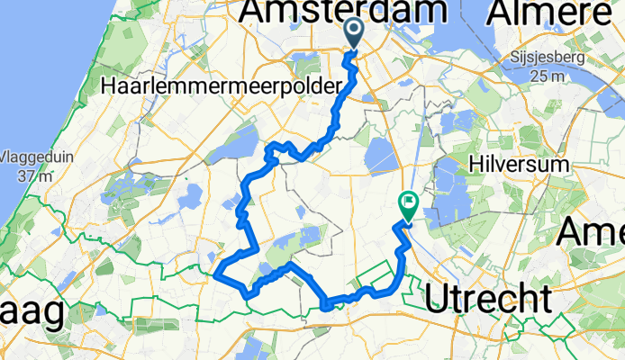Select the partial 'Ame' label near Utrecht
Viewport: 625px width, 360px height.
click(591, 233)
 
